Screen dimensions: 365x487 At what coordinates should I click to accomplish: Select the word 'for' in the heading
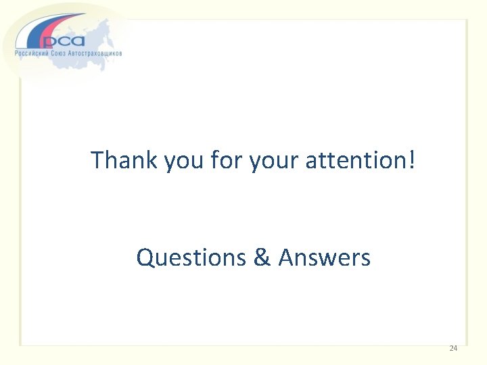(x=227, y=160)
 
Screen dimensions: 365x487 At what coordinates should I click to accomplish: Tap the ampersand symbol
(x=262, y=258)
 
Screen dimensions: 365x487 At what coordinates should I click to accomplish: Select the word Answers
(x=325, y=258)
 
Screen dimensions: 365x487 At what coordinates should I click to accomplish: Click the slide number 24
(x=453, y=348)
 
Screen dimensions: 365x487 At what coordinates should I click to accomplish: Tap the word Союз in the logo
(x=64, y=53)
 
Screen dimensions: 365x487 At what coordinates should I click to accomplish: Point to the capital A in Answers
(x=286, y=258)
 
